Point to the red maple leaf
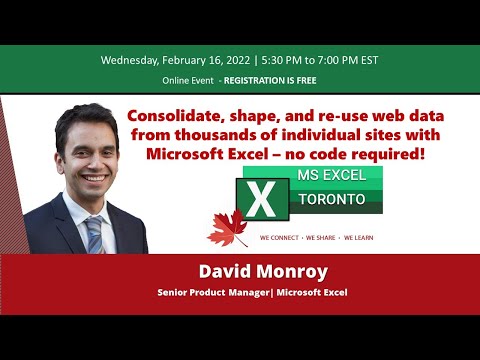click(227, 229)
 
